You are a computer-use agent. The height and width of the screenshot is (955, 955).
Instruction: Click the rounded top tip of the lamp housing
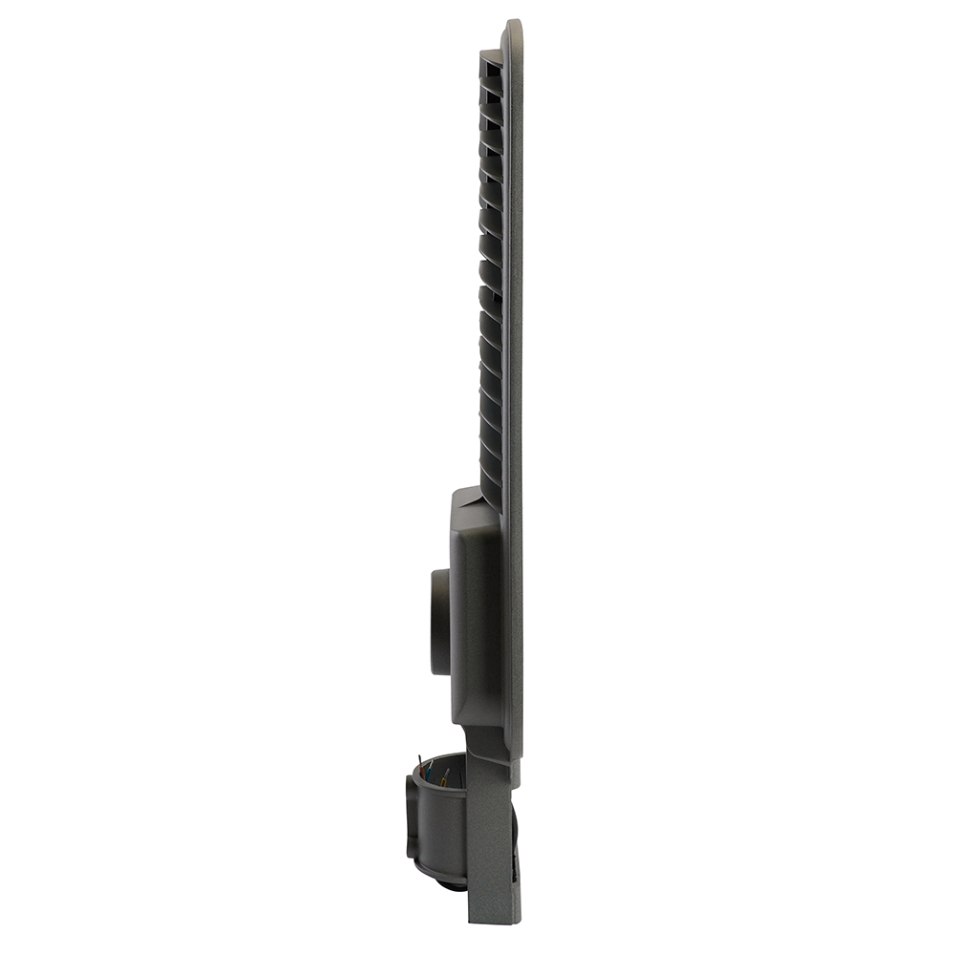(x=514, y=24)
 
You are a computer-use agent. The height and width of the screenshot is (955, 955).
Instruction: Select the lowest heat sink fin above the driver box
(x=490, y=477)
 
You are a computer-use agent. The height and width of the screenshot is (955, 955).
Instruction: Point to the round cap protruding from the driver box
(x=439, y=621)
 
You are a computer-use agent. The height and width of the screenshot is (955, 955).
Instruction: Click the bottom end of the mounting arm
(x=492, y=918)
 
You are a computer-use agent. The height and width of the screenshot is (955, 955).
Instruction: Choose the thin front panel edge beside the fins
(x=514, y=286)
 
